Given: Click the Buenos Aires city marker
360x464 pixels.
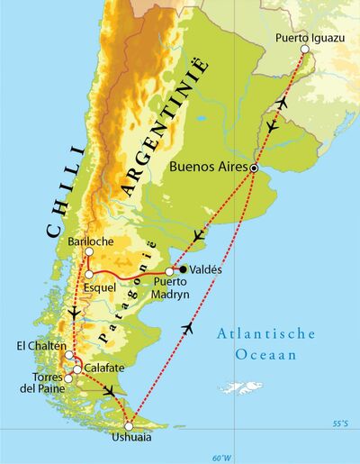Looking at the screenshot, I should pos(255,168).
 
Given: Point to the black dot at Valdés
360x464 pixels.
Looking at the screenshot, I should pos(183,269).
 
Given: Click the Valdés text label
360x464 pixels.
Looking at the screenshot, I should pos(206,269).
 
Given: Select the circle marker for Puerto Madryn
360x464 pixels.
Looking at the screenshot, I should pos(169,271).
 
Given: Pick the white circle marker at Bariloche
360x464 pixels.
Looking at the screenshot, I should pos(89,254).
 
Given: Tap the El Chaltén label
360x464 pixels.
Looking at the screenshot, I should pos(38,345).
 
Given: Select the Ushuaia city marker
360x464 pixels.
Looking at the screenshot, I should pos(130,426).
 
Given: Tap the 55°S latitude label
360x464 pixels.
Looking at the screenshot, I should pos(340,422).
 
